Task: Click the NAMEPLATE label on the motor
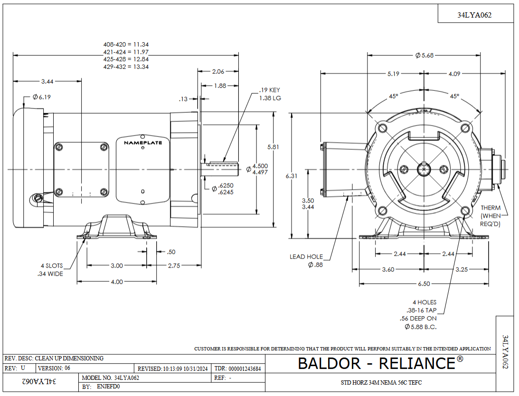tap(143, 143)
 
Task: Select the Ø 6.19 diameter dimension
tap(42, 97)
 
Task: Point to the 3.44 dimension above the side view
tap(47, 81)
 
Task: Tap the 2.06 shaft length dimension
tap(218, 72)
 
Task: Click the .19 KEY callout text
tap(270, 90)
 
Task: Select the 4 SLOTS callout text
tap(52, 266)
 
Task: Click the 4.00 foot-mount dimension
tap(117, 281)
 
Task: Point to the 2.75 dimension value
tap(174, 266)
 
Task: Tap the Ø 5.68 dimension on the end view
tap(424, 56)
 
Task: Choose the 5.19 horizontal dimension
tap(393, 74)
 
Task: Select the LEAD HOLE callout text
tap(306, 257)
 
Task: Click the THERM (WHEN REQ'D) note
tap(491, 216)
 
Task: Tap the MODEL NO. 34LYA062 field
tap(111, 378)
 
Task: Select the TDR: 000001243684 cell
tap(238, 369)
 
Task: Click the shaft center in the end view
tap(423, 169)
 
